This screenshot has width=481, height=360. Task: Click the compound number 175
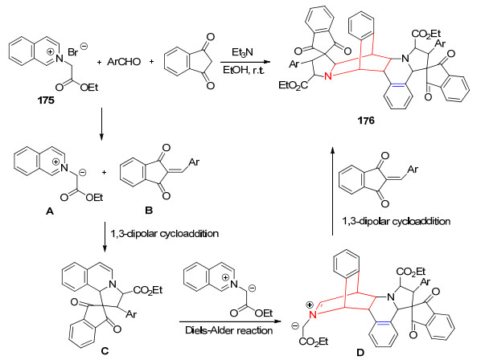point(46,100)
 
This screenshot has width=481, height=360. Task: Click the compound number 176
point(366,121)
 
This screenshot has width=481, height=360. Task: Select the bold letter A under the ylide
point(49,211)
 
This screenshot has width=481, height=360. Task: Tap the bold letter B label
point(149,211)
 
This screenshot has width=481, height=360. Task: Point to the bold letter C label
point(105,350)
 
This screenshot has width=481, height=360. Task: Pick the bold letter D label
point(360,352)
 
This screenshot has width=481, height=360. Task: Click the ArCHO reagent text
point(124,62)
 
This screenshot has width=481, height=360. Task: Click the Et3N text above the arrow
point(242,52)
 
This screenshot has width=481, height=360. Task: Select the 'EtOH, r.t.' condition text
point(243,70)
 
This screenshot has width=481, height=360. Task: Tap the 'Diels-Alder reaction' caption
point(229,330)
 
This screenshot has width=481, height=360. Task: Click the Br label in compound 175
point(72,52)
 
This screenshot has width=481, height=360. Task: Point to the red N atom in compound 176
point(328,76)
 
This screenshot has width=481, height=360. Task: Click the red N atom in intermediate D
point(313,315)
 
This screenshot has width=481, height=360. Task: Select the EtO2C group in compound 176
point(293,85)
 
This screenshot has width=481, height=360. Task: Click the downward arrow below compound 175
point(101,124)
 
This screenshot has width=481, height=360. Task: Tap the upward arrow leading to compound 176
point(332,191)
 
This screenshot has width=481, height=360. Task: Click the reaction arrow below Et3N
point(245,62)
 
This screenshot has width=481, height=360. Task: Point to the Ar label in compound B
point(194,162)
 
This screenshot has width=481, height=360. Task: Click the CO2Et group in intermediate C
point(148,290)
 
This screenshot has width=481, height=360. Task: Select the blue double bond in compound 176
point(398,86)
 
